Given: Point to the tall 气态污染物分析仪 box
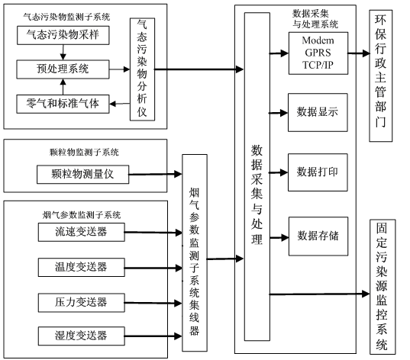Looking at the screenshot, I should click(142, 69).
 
